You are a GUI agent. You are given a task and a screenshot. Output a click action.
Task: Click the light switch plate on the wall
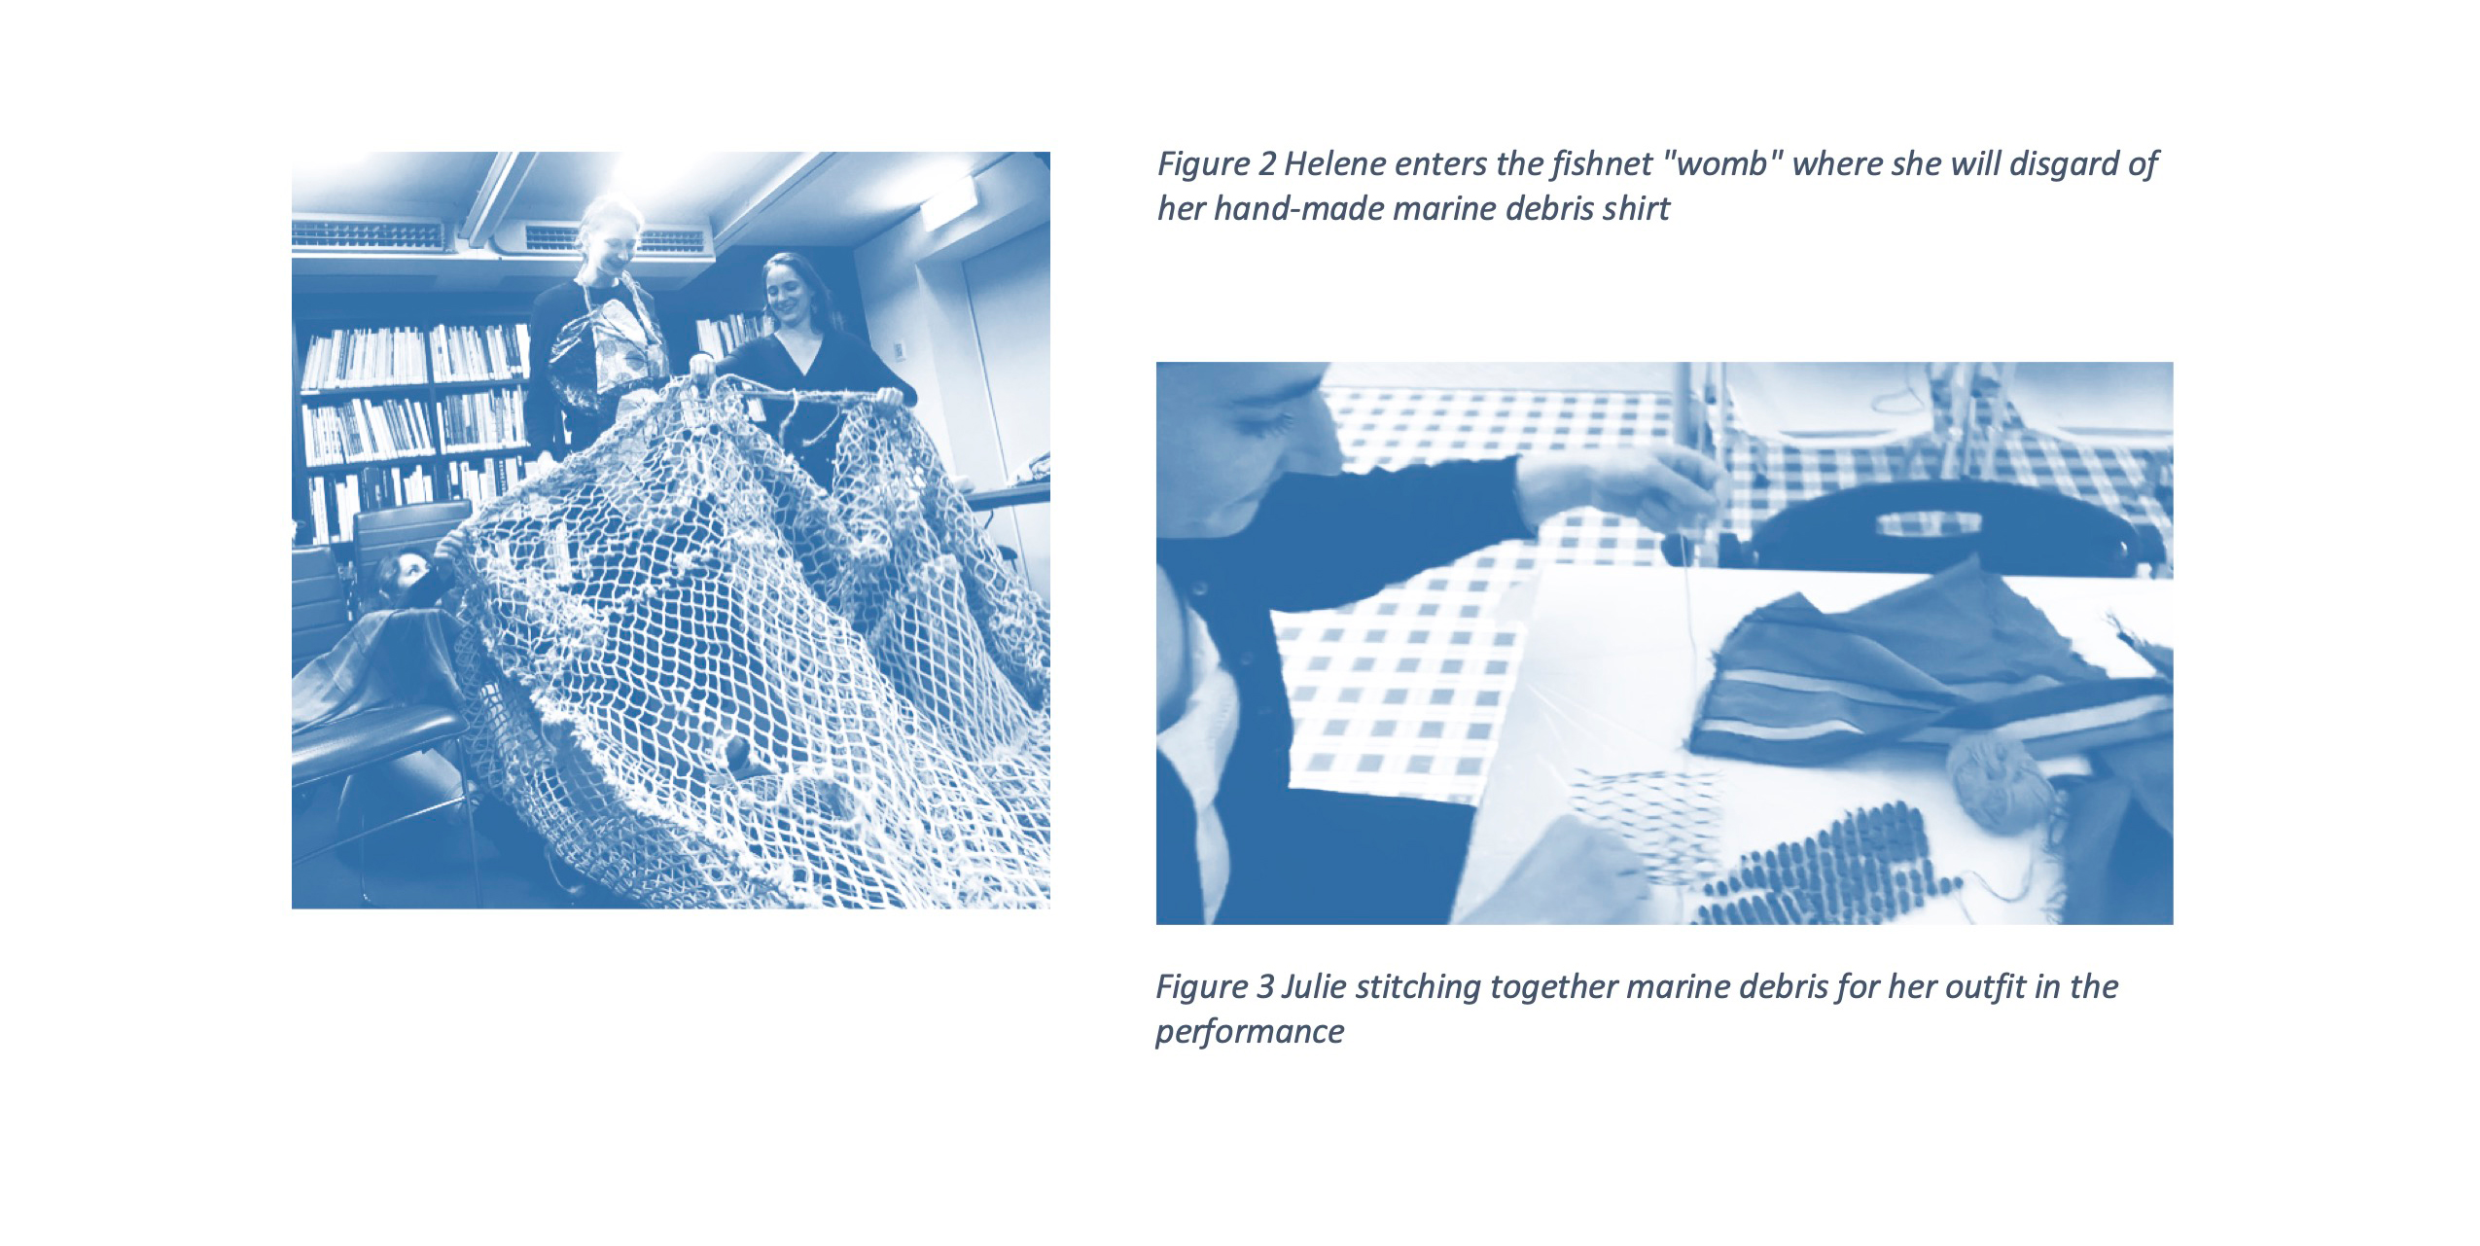(899, 349)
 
